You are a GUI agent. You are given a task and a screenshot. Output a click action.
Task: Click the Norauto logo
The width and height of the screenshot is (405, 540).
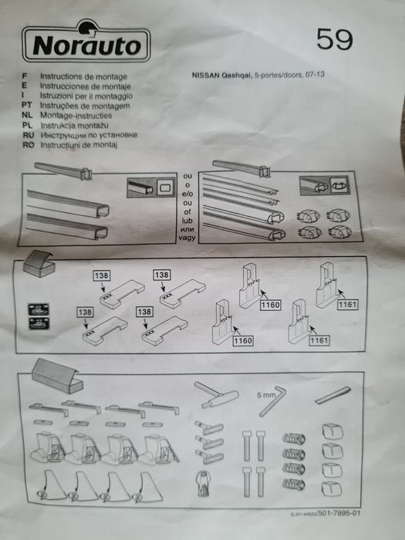[86, 44]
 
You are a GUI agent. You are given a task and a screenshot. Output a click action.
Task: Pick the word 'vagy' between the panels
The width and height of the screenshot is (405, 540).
[187, 217]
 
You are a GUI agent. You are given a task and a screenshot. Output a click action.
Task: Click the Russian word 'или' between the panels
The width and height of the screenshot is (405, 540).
[187, 208]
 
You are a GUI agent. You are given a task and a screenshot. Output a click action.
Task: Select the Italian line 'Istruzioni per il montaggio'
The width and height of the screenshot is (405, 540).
[85, 95]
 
